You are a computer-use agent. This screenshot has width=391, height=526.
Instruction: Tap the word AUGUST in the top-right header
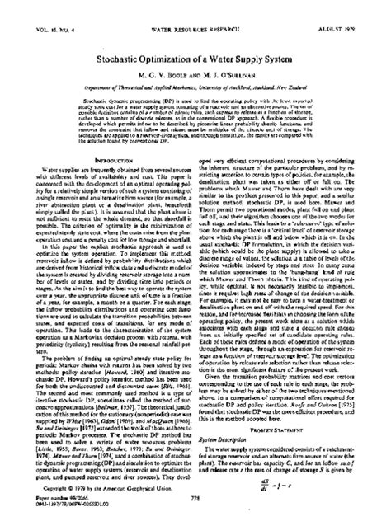click(x=339, y=7)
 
